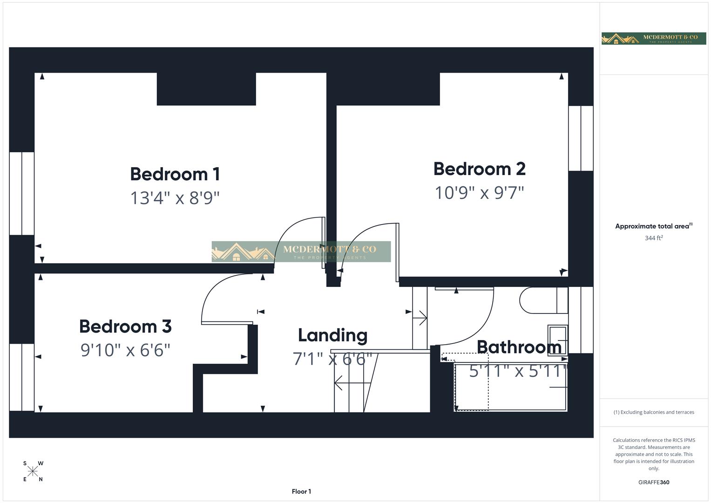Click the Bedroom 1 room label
[x=175, y=174]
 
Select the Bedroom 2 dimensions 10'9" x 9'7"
[x=479, y=192]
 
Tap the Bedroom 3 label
[x=125, y=326]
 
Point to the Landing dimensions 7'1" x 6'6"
[x=332, y=359]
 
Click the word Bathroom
[x=519, y=347]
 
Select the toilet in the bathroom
[x=540, y=300]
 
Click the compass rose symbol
[x=33, y=471]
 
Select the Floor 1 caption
[x=301, y=491]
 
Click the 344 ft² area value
[x=653, y=238]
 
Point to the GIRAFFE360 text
[x=653, y=483]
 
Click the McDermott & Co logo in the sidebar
[x=653, y=39]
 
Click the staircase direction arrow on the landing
[x=352, y=383]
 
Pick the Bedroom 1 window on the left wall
[x=21, y=193]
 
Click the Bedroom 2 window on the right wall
[x=581, y=138]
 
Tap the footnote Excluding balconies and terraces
[x=653, y=412]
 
